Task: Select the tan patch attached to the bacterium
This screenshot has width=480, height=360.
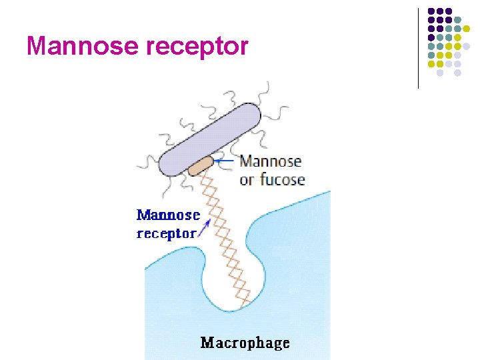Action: [x=200, y=165]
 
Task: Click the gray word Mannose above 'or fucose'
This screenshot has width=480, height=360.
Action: [x=270, y=161]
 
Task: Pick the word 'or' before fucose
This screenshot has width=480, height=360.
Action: [x=247, y=180]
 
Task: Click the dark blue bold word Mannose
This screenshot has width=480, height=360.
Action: [x=168, y=215]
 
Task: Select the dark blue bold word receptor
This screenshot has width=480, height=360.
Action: [x=166, y=233]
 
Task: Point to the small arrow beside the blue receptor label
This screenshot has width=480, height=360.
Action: [x=203, y=229]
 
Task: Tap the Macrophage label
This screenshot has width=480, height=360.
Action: [x=245, y=343]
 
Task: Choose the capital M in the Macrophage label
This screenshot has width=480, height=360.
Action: [x=207, y=343]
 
